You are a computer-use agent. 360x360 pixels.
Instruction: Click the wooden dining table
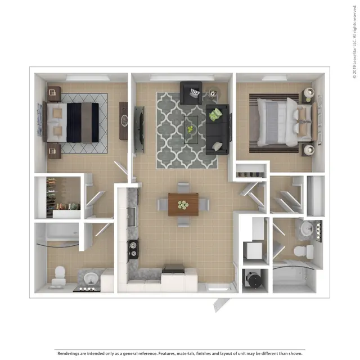point(183,204)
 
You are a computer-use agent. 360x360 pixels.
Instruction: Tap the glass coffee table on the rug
point(191,130)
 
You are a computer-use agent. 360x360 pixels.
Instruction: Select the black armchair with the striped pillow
point(191,93)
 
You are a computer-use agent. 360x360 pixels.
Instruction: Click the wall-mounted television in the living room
point(139,129)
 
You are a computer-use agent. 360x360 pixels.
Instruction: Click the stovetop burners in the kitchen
point(133,249)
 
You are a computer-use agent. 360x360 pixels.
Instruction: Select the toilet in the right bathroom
point(303,251)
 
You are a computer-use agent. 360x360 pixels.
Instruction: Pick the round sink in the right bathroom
point(307,228)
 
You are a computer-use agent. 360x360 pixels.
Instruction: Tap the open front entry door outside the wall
point(221,305)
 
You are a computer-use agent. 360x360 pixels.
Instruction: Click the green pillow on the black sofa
point(215,114)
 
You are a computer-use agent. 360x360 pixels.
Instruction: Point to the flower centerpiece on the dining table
point(183,205)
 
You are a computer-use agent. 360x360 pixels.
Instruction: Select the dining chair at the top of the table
point(183,187)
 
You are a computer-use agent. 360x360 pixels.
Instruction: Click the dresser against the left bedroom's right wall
point(123,121)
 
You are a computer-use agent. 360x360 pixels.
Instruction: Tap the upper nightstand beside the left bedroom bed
point(54,93)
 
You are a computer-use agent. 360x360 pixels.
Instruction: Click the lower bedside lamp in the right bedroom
point(308,150)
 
